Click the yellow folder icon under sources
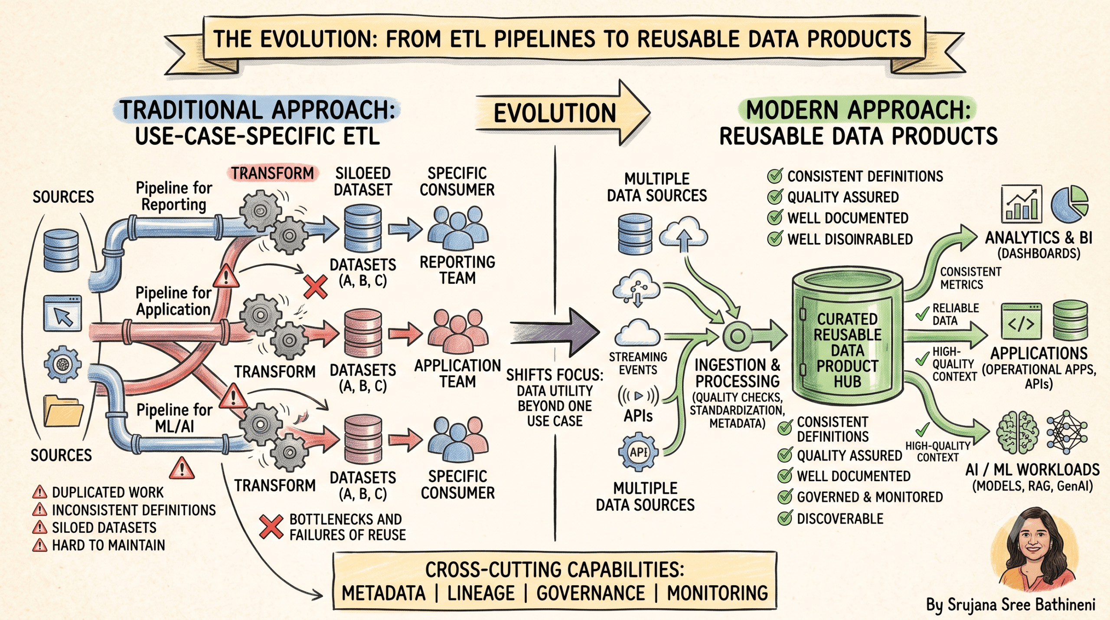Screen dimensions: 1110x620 click(x=63, y=411)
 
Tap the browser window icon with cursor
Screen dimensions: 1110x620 click(x=63, y=313)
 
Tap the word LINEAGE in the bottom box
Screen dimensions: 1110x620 click(x=481, y=593)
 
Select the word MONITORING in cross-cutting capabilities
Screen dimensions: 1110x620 click(x=717, y=593)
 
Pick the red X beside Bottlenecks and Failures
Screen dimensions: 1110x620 click(x=271, y=527)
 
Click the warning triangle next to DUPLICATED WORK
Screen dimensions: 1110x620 click(x=39, y=492)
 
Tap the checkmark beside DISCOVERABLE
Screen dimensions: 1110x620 click(x=785, y=518)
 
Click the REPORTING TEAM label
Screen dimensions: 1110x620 click(x=457, y=270)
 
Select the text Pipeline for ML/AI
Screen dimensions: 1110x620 click(x=174, y=418)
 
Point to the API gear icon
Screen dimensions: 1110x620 click(x=638, y=452)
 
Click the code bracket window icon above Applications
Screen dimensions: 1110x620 click(x=1022, y=321)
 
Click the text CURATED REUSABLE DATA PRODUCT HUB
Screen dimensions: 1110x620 click(x=847, y=350)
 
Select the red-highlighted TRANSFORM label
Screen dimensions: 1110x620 click(x=272, y=173)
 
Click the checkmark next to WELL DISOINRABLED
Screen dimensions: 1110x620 click(x=775, y=239)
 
